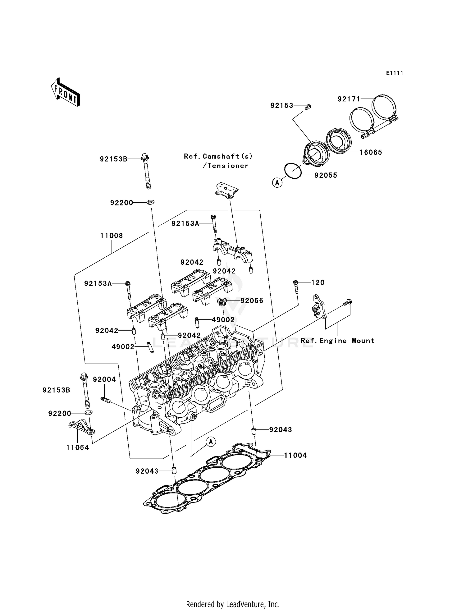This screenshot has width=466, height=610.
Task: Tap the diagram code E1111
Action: tap(395, 73)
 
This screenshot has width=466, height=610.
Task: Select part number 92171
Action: tap(349, 99)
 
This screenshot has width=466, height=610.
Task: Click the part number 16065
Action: tap(371, 152)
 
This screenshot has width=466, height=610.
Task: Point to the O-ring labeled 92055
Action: tap(293, 171)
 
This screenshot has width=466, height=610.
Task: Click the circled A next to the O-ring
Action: tap(277, 183)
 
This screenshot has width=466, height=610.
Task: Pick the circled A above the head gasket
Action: tap(211, 442)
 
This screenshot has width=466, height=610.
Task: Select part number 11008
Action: tap(111, 236)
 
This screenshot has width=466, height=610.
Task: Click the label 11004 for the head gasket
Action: tap(295, 455)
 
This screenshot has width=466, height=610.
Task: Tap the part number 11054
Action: tap(77, 447)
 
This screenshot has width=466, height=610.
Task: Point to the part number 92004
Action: tap(104, 379)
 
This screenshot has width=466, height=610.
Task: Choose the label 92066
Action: tap(252, 300)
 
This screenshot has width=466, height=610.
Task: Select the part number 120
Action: tap(318, 282)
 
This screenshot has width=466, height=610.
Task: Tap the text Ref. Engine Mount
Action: tap(337, 341)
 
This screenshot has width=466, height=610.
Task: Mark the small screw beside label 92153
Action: tap(308, 107)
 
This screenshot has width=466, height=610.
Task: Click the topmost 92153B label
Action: tap(113, 159)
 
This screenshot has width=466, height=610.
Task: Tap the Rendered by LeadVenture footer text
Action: tap(233, 604)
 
